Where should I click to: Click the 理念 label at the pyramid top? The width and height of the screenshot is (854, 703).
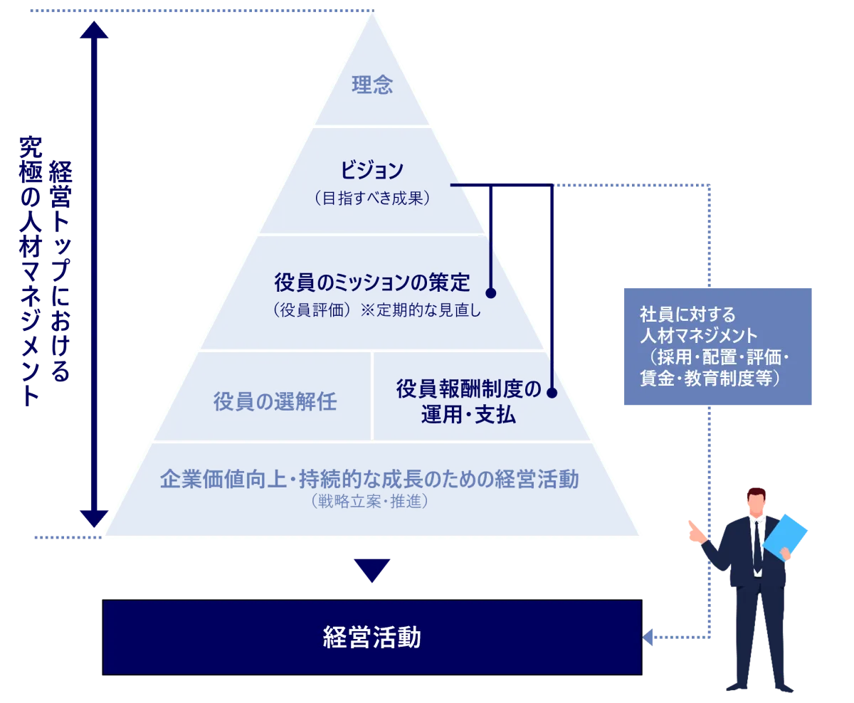tap(372, 86)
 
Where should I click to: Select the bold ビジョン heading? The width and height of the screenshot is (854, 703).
tap(371, 171)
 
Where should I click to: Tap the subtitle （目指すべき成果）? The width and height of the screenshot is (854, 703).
tap(371, 199)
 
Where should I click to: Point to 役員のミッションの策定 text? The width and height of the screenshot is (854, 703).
tap(372, 282)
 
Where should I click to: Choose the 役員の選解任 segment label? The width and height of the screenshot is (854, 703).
tap(275, 402)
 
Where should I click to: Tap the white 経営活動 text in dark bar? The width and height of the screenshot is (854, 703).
tap(371, 638)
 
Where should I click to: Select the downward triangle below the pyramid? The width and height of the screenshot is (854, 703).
tap(372, 569)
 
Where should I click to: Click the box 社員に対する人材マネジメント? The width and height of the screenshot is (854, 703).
tap(717, 347)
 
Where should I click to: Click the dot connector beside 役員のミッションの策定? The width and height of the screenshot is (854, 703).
tap(490, 292)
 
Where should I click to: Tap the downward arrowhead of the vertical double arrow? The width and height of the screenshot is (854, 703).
tap(95, 518)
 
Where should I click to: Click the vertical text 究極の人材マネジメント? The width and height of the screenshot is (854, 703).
tap(28, 270)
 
